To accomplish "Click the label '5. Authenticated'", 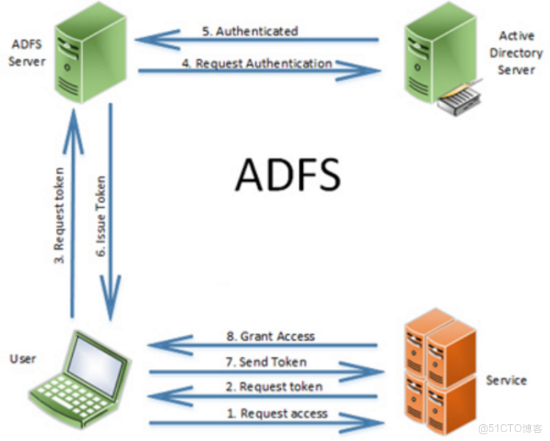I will point(249,32).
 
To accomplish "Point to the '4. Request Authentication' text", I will point(257,64).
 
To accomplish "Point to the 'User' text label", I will point(22,359).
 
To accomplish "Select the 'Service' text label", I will point(506,380).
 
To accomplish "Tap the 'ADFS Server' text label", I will point(26,52).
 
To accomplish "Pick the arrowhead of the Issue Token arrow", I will point(110,309).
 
